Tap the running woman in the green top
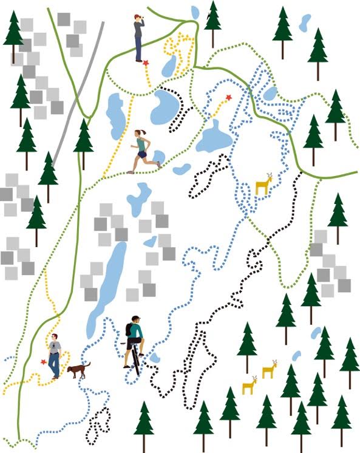(142, 151)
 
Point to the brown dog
(78, 370)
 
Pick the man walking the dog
(55, 356)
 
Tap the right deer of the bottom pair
(269, 370)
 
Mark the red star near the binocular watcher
(146, 62)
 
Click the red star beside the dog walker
(44, 362)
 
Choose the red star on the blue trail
(229, 97)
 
